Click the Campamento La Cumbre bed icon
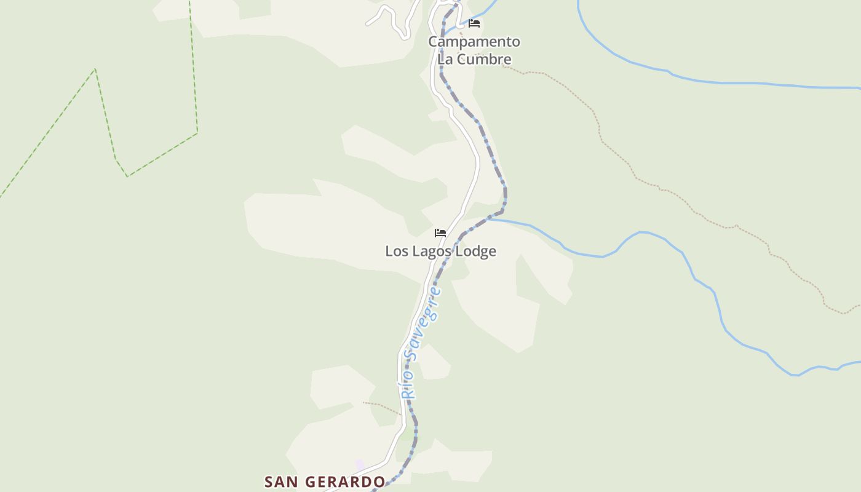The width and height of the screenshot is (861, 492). point(474,23)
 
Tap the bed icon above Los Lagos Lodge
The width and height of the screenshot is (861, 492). point(440,233)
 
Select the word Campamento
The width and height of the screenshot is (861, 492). point(474,42)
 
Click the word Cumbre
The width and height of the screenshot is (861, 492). point(484,60)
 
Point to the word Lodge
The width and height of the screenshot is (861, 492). point(476,252)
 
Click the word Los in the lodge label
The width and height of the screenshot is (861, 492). point(396,252)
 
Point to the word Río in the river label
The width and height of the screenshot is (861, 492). point(407,386)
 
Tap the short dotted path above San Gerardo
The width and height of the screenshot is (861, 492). point(381,407)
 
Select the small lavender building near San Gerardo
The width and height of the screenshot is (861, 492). point(360,465)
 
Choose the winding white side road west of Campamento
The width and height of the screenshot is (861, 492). point(394,18)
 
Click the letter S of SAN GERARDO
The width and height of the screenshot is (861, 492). point(269,482)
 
